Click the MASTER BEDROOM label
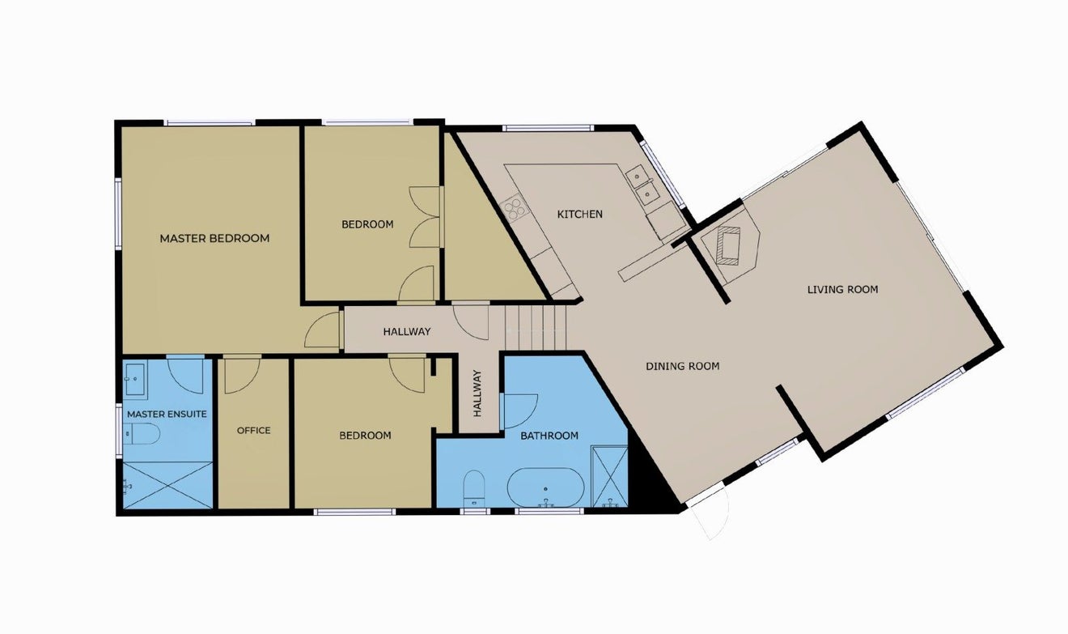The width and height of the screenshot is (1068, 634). [214, 238]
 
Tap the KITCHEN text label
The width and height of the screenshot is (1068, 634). [580, 215]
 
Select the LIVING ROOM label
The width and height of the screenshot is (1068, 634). [842, 289]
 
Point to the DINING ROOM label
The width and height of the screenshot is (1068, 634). [682, 366]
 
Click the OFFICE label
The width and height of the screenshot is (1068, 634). [254, 430]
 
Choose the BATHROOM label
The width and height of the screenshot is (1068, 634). [549, 436]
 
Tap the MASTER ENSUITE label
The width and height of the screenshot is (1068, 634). [167, 414]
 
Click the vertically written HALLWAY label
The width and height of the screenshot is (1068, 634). [477, 394]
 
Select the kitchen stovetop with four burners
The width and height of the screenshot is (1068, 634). [515, 209]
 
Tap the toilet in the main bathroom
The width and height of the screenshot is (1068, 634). [474, 488]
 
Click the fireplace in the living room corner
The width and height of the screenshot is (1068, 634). [730, 245]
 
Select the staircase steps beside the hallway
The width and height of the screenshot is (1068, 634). [536, 328]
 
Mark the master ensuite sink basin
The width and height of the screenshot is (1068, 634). [135, 379]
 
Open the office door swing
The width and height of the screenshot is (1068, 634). [242, 375]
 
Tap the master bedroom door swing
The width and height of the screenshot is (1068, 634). [322, 330]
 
